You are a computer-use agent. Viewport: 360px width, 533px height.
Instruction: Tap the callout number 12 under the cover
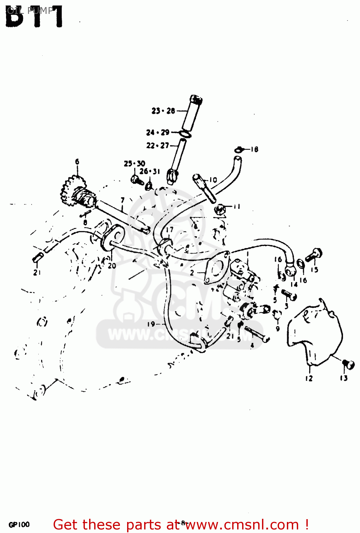click(x=309, y=378)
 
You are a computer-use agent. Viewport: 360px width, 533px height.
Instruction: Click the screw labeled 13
click(x=348, y=364)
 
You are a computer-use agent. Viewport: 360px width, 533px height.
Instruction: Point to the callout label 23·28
click(x=163, y=111)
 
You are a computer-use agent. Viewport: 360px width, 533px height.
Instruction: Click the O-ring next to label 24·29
click(x=185, y=134)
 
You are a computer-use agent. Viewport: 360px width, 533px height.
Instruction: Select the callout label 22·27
click(x=158, y=146)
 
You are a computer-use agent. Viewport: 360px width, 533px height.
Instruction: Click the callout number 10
click(x=213, y=180)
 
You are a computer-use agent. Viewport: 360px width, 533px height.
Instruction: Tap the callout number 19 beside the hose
click(x=151, y=324)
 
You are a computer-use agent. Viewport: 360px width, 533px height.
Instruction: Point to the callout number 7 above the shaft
click(x=123, y=200)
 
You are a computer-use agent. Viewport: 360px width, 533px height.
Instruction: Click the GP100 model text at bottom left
click(x=19, y=524)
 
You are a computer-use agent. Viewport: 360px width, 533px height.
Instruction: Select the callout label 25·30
click(x=134, y=163)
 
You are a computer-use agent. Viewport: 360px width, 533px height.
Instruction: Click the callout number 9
click(x=278, y=329)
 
